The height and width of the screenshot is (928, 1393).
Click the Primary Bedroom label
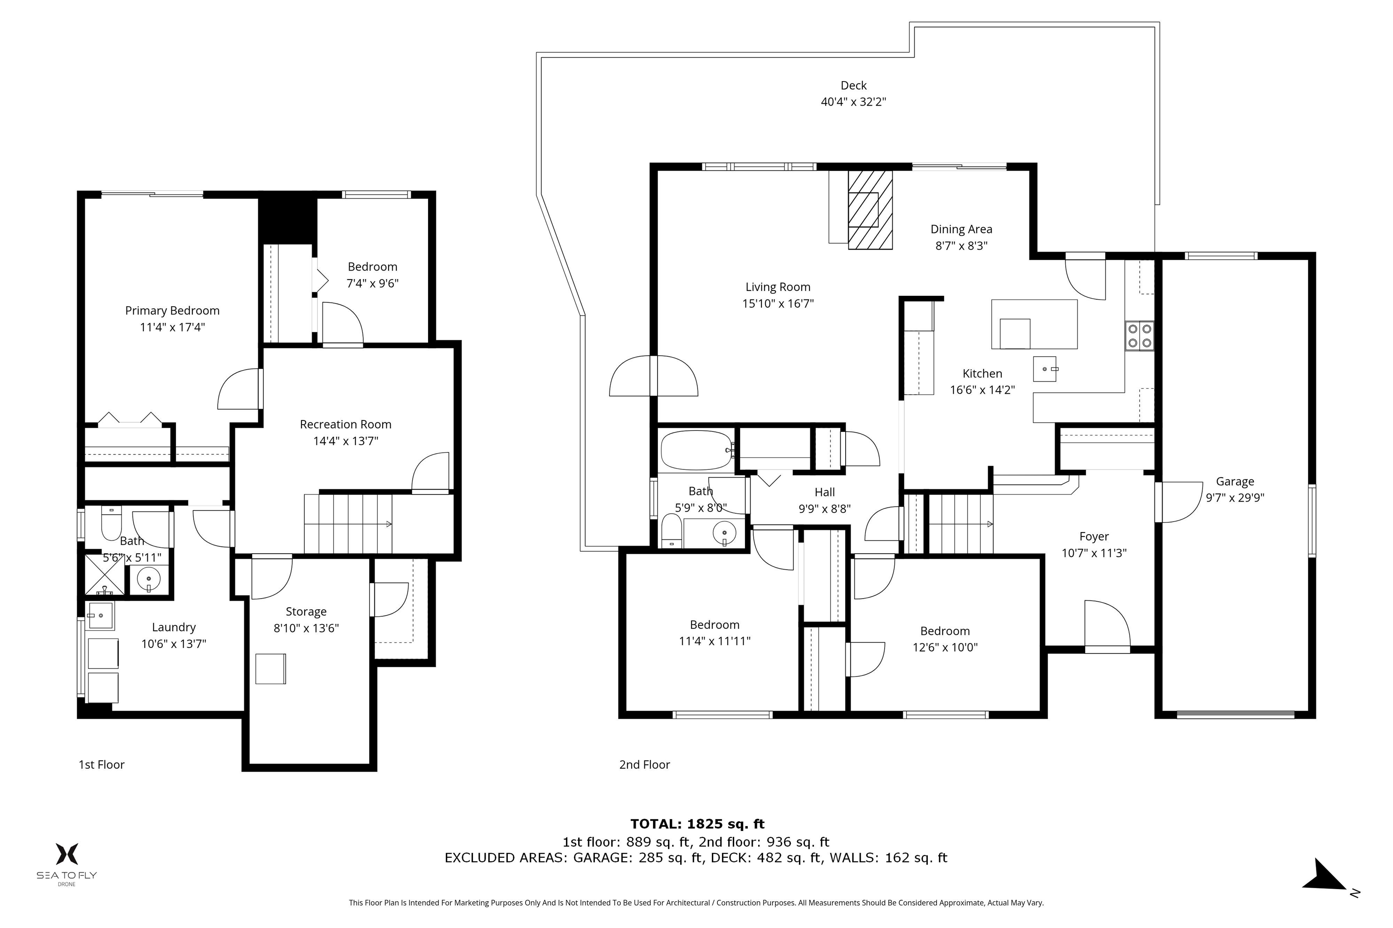(172, 311)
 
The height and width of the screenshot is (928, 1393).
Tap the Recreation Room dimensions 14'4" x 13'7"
(346, 441)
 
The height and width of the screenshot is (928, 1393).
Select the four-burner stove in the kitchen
(1140, 336)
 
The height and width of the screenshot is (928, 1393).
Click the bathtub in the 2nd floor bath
(696, 450)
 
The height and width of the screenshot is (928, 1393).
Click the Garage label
(1235, 482)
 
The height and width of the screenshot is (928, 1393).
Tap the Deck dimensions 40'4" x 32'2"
(853, 102)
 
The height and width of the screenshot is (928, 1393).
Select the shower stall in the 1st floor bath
(105, 575)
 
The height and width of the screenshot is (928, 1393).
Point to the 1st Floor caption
(102, 765)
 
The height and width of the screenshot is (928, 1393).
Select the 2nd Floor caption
(644, 765)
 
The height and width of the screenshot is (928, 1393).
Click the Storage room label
(306, 612)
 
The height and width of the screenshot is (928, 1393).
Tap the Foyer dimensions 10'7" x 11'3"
(1094, 553)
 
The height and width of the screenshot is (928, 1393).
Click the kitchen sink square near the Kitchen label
(1045, 369)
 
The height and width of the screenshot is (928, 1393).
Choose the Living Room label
(778, 287)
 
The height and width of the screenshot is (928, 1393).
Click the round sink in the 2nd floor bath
(724, 533)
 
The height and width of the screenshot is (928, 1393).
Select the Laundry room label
(174, 627)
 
